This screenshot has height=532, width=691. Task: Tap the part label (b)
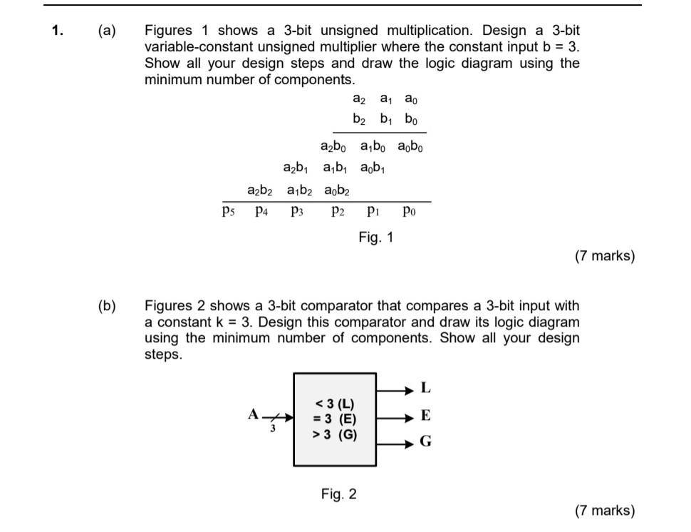(x=108, y=306)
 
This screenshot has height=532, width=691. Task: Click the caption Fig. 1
(x=375, y=237)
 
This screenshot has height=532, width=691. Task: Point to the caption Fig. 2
(x=338, y=493)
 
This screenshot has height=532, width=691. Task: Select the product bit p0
(x=406, y=211)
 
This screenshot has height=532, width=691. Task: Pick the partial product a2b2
(x=261, y=190)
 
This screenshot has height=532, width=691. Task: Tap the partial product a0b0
(x=408, y=148)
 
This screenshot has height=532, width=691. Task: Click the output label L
(x=426, y=389)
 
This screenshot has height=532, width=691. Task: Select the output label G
(x=426, y=442)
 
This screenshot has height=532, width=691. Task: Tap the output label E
(x=426, y=416)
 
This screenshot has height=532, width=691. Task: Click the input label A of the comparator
(x=252, y=414)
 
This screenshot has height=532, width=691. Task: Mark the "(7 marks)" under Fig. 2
(x=604, y=510)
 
